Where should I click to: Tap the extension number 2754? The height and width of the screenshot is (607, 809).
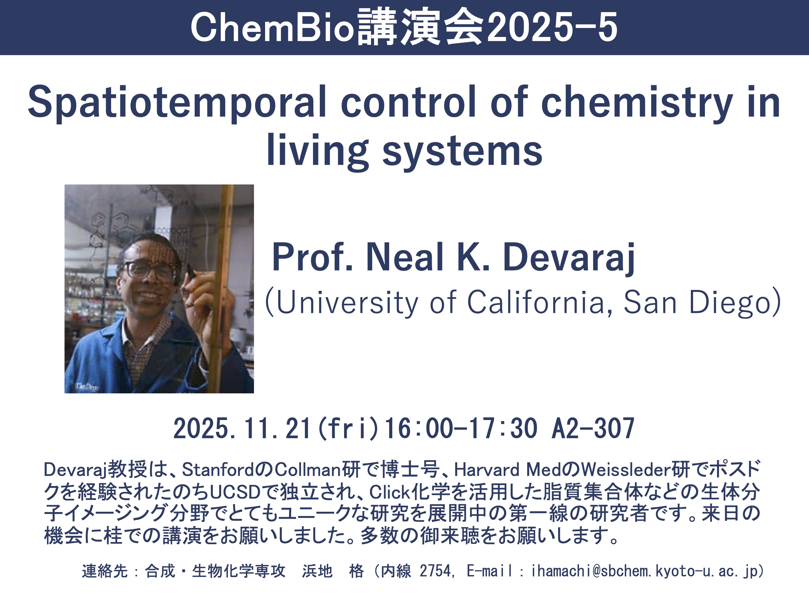435,571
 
